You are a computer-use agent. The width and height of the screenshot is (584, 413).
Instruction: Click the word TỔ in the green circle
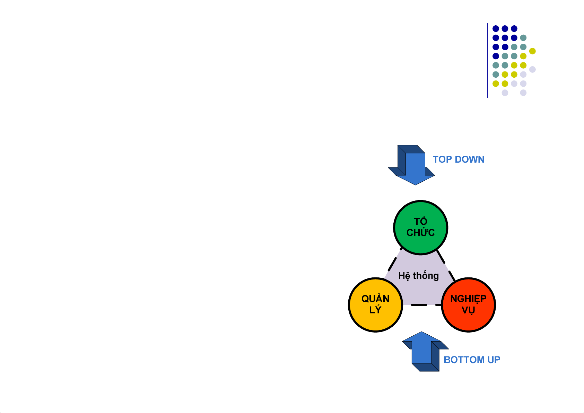(420, 221)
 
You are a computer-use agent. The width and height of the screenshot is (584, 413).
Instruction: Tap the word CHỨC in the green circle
(420, 232)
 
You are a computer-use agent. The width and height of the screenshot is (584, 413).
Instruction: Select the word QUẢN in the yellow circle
(375, 298)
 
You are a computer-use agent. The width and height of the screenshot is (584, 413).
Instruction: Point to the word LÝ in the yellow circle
(375, 309)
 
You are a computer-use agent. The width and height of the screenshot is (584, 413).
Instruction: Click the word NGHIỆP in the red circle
(468, 299)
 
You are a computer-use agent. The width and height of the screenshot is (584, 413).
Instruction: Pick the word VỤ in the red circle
(468, 310)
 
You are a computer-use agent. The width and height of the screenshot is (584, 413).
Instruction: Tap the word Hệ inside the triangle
(404, 276)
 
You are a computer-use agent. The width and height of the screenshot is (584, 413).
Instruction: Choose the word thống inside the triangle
(426, 276)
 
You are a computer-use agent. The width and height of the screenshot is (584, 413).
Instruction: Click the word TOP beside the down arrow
(442, 159)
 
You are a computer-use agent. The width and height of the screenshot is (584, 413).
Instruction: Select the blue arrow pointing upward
(426, 351)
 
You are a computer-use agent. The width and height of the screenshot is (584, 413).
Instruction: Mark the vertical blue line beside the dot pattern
(487, 61)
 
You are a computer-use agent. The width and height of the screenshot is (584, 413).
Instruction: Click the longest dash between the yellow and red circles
(419, 305)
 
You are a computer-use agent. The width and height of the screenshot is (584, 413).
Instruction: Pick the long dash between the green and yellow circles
(392, 264)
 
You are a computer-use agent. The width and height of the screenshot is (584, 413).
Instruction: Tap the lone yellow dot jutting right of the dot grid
(532, 51)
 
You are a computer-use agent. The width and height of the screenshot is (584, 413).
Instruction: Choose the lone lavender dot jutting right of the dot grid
(532, 69)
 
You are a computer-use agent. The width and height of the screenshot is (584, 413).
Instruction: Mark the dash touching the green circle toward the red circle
(441, 257)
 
